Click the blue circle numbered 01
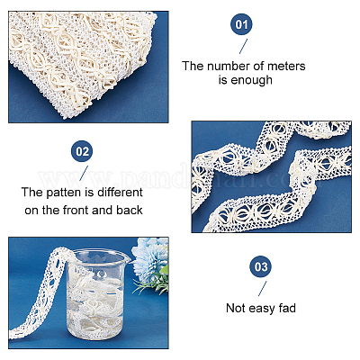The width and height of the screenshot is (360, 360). tap(241, 24)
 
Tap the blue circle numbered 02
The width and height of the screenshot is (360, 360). tap(82, 151)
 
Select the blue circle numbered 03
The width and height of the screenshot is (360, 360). tap(261, 266)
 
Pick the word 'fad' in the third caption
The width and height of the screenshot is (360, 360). tap(287, 308)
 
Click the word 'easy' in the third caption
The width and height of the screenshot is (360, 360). tap(261, 309)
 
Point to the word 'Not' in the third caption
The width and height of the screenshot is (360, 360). tap(236, 308)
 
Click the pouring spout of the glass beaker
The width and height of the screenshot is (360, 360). tap(127, 257)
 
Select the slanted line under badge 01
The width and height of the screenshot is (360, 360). tap(244, 46)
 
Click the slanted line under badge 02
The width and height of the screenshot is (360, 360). tap(84, 173)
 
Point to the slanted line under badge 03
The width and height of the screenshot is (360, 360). tap(263, 289)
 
